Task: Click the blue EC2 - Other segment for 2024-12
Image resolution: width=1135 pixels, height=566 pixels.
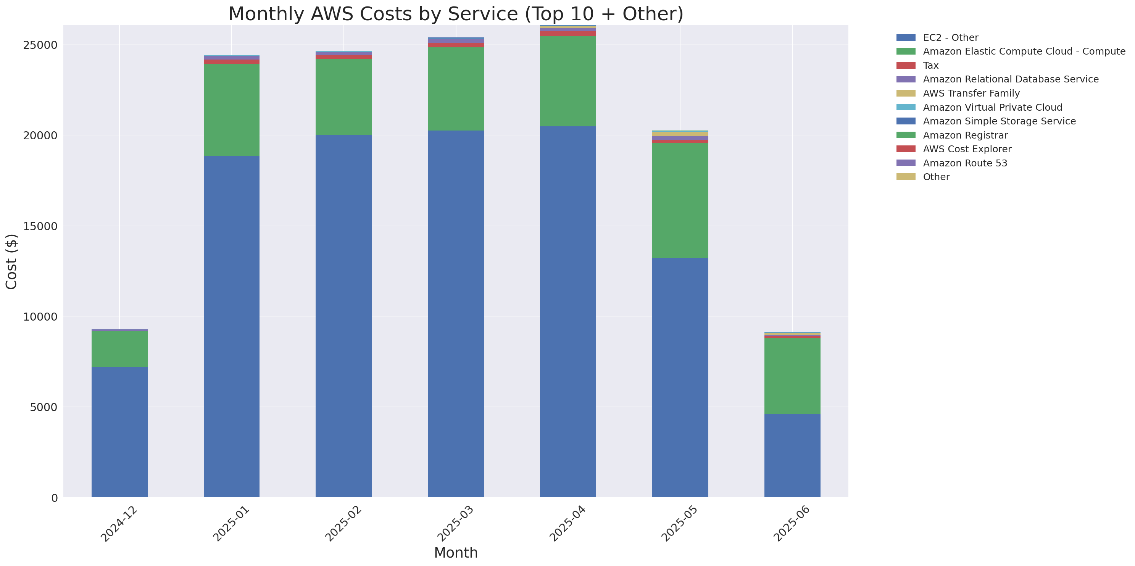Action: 119,432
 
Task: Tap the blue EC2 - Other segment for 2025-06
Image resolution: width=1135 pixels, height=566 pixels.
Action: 792,455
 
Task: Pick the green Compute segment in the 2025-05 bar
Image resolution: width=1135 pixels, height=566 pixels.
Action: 680,200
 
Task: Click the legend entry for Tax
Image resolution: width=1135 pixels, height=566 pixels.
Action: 930,65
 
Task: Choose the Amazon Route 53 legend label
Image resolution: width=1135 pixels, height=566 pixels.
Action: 964,163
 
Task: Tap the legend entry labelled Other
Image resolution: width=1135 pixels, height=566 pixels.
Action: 936,177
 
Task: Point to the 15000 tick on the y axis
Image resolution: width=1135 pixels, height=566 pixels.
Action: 40,226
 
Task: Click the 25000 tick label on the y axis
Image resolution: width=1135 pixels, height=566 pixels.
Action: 40,45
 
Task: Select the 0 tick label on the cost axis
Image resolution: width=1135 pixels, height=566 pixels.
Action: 54,498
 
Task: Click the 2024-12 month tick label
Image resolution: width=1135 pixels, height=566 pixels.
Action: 119,523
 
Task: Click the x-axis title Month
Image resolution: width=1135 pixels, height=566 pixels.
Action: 456,553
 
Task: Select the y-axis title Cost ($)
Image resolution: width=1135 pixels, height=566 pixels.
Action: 11,261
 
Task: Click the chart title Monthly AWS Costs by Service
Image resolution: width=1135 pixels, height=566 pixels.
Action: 456,14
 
